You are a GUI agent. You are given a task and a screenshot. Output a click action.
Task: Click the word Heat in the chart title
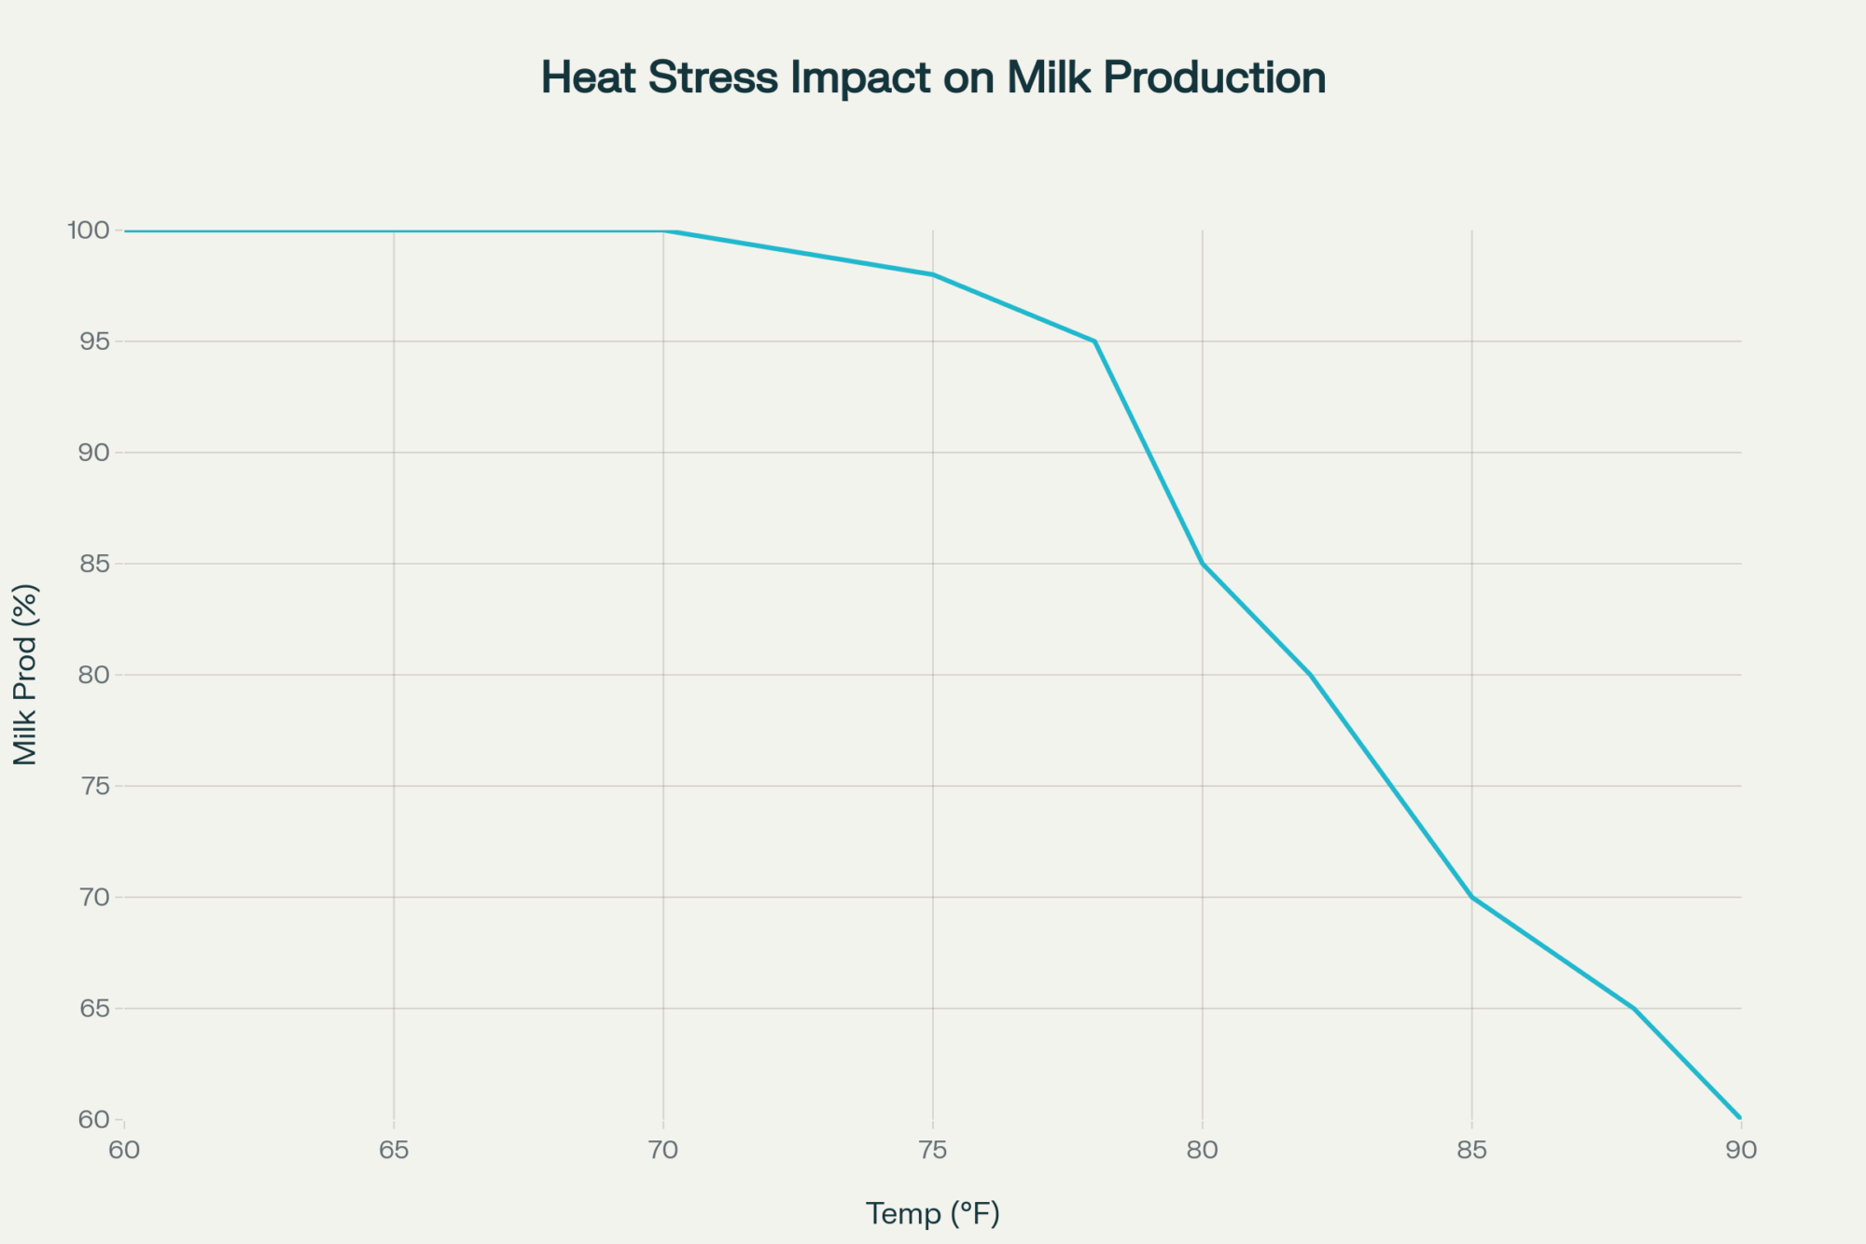point(590,77)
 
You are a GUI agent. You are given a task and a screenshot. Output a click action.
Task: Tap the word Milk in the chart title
point(1049,77)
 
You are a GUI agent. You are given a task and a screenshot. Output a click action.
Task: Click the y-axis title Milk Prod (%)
point(25,674)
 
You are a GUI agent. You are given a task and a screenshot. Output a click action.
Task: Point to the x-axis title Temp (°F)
point(932,1213)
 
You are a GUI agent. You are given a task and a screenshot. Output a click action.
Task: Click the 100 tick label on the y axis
point(88,230)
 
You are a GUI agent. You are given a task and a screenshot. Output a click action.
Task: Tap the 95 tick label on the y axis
point(94,342)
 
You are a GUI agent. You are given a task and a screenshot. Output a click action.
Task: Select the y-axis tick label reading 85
point(94,564)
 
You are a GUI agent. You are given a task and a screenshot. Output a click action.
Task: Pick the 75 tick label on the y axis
point(94,786)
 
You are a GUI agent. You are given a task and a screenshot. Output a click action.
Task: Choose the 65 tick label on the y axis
point(94,1008)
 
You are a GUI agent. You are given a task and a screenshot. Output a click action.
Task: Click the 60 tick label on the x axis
point(124,1150)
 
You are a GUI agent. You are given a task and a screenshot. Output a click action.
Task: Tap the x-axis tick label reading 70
point(663,1150)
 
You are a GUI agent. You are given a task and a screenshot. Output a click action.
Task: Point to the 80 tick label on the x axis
point(1203,1150)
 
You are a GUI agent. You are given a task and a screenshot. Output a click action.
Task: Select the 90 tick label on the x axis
point(1741,1150)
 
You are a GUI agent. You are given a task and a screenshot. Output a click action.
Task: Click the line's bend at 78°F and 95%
point(1094,342)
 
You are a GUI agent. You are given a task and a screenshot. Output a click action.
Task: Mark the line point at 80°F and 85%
point(1203,564)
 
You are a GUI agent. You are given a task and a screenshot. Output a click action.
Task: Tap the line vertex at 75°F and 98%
point(933,274)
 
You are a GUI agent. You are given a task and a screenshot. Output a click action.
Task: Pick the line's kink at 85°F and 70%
point(1472,897)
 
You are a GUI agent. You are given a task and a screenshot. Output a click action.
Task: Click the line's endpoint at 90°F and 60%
point(1740,1118)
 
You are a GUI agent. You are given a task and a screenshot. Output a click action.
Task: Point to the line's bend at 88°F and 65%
point(1634,1008)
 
